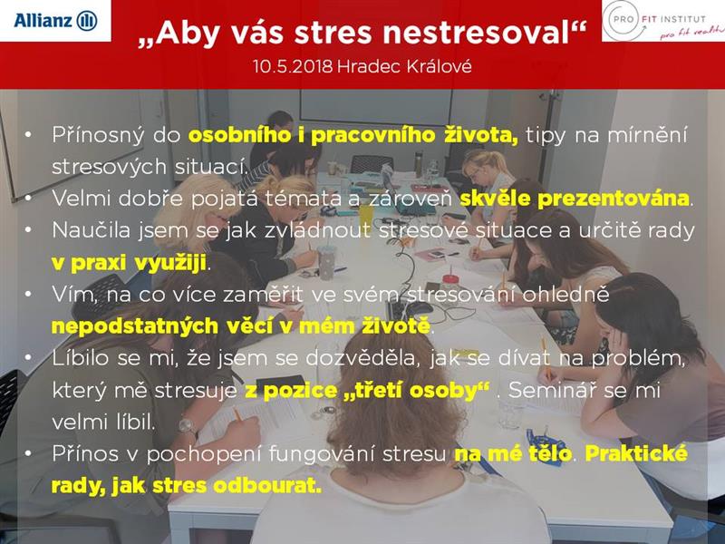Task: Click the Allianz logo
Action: pos(55,21)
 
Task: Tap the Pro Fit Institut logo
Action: pos(664,21)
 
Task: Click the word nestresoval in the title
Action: pos(484,34)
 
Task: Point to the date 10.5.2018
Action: pos(292,66)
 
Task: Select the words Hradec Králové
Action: pos(404,66)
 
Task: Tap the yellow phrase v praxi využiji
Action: pos(129,263)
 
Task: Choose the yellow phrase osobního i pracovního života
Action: pos(353,135)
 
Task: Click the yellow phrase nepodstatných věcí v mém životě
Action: pos(241,326)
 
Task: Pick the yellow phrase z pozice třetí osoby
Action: pos(367,391)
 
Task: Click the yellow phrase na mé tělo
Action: pos(513,454)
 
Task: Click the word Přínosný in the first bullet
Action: pos(98,135)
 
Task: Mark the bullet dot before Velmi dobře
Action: pos(29,199)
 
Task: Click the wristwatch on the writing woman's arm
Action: pos(187,426)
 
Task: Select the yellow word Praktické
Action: pos(637,454)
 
